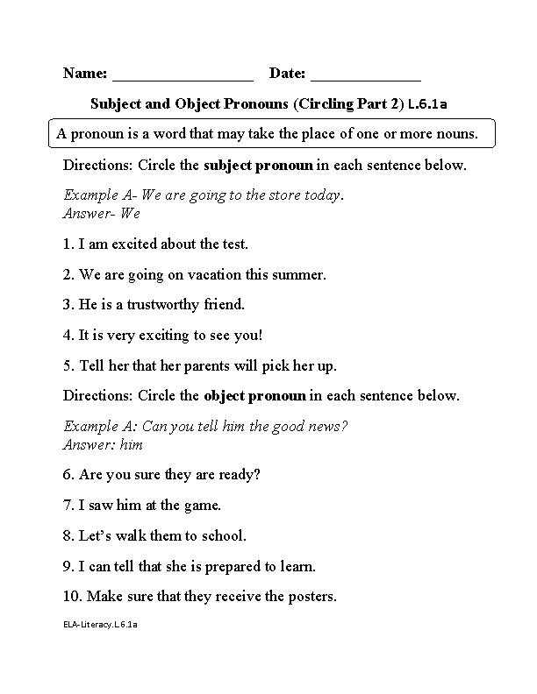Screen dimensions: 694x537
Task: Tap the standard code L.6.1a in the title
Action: coord(428,104)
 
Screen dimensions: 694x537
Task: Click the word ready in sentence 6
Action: coord(241,475)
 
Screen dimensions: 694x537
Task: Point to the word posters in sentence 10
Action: coord(310,597)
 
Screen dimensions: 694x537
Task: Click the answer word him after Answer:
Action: coord(131,444)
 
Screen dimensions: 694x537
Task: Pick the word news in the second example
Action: coord(330,426)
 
